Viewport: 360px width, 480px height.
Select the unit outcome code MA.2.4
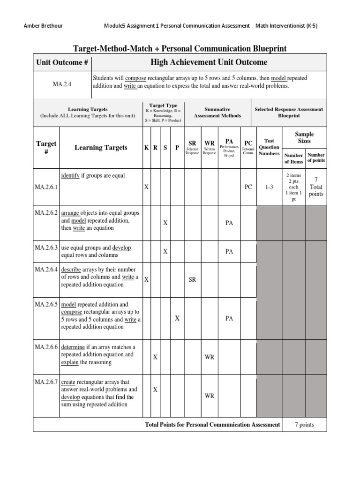62,84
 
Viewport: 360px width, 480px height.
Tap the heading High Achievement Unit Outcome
209,62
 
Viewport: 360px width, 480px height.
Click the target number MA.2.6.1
46,187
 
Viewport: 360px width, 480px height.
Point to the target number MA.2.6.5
46,304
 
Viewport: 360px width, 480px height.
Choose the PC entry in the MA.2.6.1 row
248,187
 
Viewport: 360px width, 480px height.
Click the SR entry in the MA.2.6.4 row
192,279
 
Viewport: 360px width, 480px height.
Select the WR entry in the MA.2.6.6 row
210,357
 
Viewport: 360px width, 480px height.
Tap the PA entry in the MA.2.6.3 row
229,251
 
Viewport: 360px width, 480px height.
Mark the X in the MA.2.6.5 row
177,318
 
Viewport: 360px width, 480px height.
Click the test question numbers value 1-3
269,187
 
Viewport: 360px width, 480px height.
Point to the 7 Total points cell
315,187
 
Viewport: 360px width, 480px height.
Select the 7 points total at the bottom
304,425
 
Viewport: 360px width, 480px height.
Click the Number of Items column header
293,158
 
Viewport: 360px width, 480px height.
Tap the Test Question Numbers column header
269,147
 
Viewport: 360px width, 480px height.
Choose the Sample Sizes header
304,137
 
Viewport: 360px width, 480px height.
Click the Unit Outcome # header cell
62,62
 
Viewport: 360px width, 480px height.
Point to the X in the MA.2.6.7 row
155,390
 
